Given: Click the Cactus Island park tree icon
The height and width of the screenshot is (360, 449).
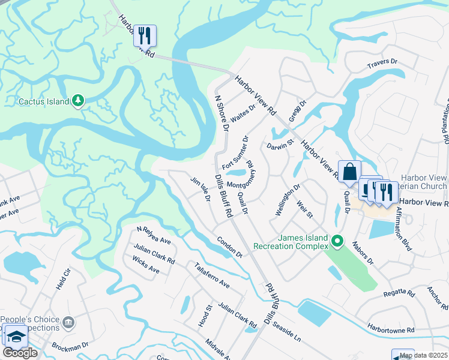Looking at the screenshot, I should pyautogui.click(x=77, y=101).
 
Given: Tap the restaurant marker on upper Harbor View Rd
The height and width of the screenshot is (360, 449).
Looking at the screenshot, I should pyautogui.click(x=145, y=35).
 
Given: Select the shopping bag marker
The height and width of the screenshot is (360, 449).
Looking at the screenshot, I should pyautogui.click(x=349, y=172).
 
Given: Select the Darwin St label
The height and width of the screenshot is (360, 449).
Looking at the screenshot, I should pyautogui.click(x=279, y=145).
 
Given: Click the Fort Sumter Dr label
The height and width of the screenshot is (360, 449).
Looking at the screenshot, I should pyautogui.click(x=235, y=153).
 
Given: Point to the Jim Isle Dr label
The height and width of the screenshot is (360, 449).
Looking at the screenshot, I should pyautogui.click(x=199, y=187).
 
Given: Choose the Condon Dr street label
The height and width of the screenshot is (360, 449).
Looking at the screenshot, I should pyautogui.click(x=230, y=246).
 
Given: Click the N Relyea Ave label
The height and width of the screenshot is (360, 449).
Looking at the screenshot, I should pyautogui.click(x=154, y=236).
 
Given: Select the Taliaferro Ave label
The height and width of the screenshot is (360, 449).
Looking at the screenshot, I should pyautogui.click(x=211, y=275).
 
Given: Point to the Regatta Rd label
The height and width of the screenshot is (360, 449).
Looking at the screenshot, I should pyautogui.click(x=399, y=293).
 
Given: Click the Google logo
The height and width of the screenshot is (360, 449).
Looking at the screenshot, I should pyautogui.click(x=20, y=353).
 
